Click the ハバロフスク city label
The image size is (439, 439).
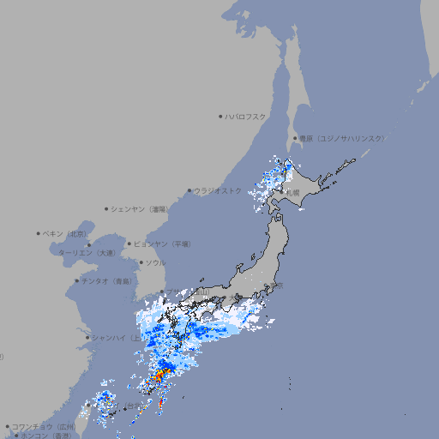tap(246, 116)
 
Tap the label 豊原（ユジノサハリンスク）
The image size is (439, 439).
tap(341, 138)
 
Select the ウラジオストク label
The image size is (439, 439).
tap(218, 190)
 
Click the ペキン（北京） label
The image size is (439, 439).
tap(66, 233)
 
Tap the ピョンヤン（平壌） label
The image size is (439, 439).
tap(163, 244)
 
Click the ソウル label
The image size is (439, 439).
tap(155, 262)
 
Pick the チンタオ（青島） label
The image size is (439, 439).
tap(107, 280)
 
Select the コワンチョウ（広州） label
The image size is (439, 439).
tap(44, 426)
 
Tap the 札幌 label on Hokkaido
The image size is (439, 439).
tap(293, 193)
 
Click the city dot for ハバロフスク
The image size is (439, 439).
tap(220, 116)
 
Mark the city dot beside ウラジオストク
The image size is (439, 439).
tap(189, 190)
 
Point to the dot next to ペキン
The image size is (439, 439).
tap(39, 233)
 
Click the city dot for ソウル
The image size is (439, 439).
tap(140, 262)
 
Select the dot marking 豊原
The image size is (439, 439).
tap(295, 138)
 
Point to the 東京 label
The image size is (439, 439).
tap(275, 286)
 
